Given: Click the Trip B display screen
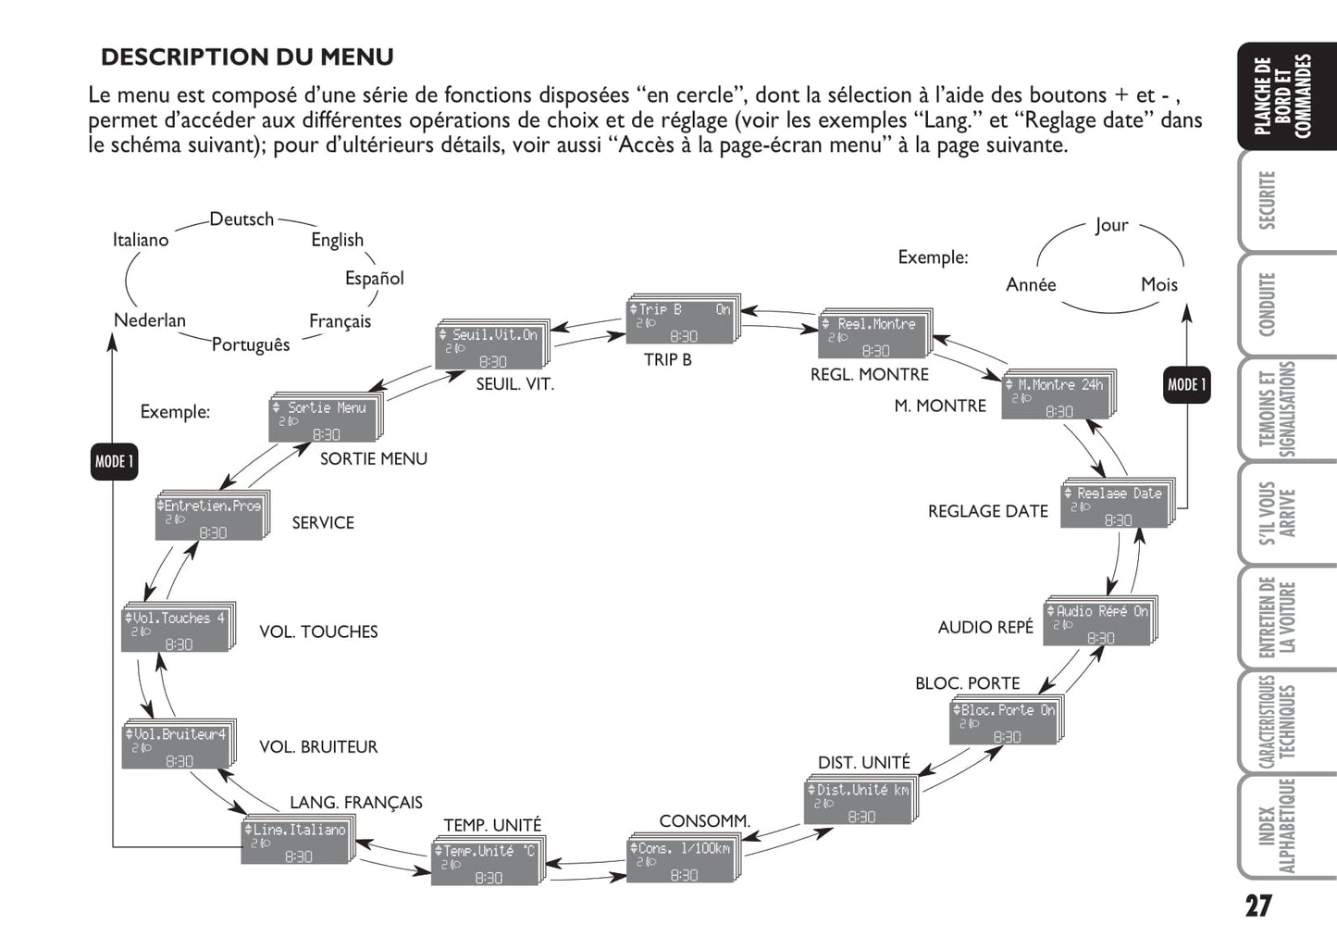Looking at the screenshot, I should [x=682, y=321].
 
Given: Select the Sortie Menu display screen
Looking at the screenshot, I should [x=324, y=420].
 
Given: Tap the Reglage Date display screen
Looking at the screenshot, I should [x=1116, y=506].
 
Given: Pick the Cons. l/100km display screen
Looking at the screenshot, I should [x=682, y=860].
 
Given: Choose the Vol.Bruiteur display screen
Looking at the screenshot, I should [x=176, y=746].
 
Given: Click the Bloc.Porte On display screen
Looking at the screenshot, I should [x=1005, y=722].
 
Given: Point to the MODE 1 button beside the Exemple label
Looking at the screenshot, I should [x=114, y=461].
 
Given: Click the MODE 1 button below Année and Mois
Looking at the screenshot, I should [x=1186, y=385].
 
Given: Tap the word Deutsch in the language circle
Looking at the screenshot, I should [x=241, y=219].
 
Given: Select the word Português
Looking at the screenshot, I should [x=251, y=344].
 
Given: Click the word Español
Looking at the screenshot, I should [x=374, y=278].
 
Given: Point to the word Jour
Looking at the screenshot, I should [x=1111, y=225].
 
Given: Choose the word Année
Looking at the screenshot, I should [x=1031, y=285].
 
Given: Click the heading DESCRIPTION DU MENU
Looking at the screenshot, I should [x=247, y=57].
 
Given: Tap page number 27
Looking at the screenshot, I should [x=1257, y=905].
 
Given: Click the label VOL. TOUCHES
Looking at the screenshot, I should [x=318, y=631].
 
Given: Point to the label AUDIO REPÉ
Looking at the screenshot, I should [x=985, y=627].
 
